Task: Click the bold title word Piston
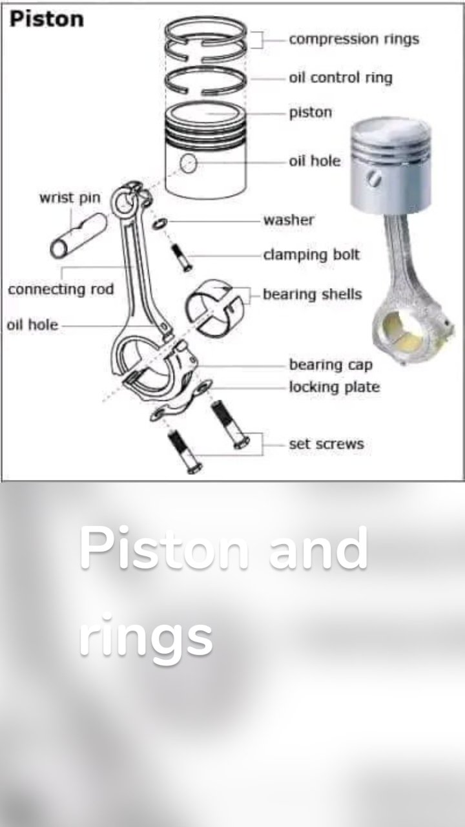click(x=46, y=19)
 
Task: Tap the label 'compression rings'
click(x=354, y=39)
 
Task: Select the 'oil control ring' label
click(x=340, y=78)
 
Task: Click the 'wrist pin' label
click(x=70, y=198)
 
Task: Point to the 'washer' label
click(x=288, y=220)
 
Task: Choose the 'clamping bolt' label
click(x=311, y=255)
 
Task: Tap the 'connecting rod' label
click(x=61, y=289)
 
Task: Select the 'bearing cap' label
click(x=331, y=365)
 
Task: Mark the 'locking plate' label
click(x=334, y=388)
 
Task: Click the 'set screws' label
click(x=326, y=444)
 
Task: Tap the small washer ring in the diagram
click(x=159, y=224)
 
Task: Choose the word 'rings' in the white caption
click(x=146, y=636)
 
